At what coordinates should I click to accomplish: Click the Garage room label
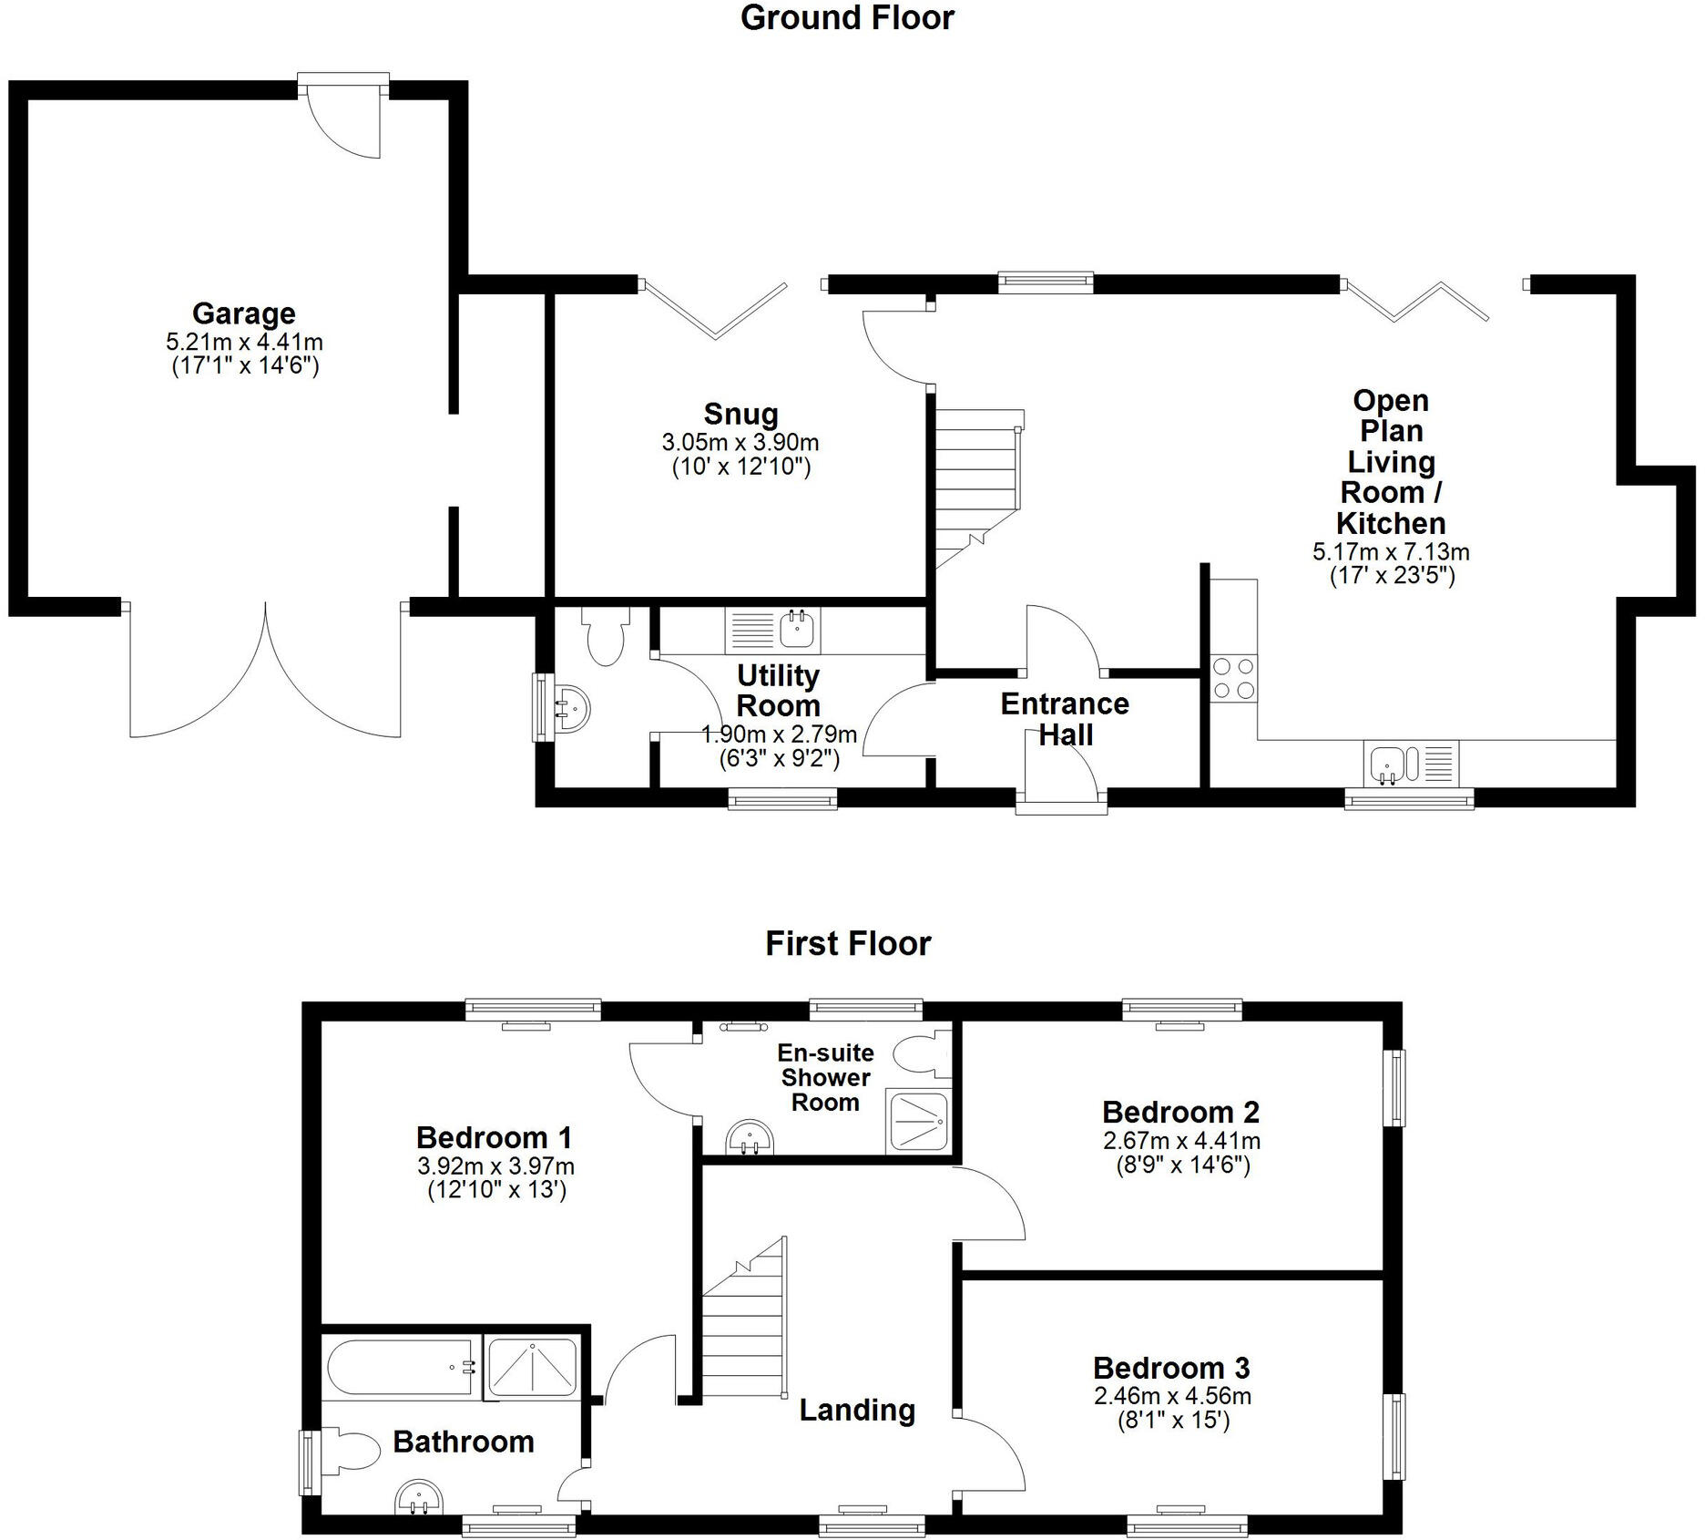243,313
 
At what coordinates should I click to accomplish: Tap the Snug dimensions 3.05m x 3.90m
740,443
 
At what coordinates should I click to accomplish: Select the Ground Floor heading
846,18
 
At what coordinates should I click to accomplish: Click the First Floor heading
848,944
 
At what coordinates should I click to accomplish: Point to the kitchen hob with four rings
1233,679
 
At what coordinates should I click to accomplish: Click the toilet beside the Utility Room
605,637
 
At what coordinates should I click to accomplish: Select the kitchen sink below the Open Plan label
1389,763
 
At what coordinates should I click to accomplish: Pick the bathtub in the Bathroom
401,1367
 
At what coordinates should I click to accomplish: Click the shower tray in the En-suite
918,1120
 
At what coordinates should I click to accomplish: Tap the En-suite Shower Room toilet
921,1058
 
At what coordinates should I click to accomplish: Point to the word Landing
857,1410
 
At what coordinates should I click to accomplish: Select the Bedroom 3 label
1171,1368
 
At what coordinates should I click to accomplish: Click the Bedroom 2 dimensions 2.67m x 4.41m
1181,1141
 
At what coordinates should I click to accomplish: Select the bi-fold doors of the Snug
716,310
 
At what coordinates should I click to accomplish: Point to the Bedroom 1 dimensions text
495,1166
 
